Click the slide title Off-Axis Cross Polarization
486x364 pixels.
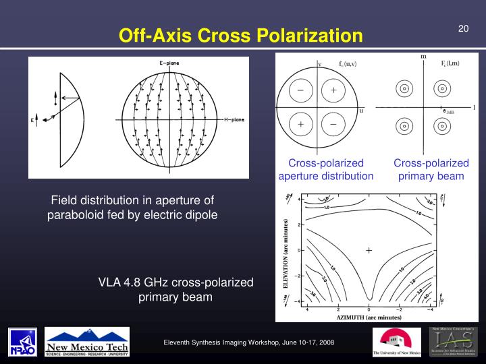[x=241, y=35]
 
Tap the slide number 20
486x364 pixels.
[x=463, y=28]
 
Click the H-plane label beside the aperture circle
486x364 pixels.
[x=232, y=119]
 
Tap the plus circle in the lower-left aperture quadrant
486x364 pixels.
[x=300, y=125]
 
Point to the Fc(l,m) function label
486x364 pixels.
[x=450, y=63]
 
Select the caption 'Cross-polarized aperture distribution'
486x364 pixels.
[x=326, y=170]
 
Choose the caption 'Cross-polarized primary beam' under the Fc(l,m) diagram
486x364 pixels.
[x=431, y=170]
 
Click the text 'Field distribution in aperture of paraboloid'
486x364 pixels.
[x=132, y=208]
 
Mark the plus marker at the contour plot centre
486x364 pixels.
[x=369, y=250]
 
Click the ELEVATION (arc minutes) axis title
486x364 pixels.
[x=286, y=254]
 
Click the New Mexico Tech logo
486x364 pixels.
[x=87, y=342]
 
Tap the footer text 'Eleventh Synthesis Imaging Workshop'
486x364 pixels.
[x=248, y=344]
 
